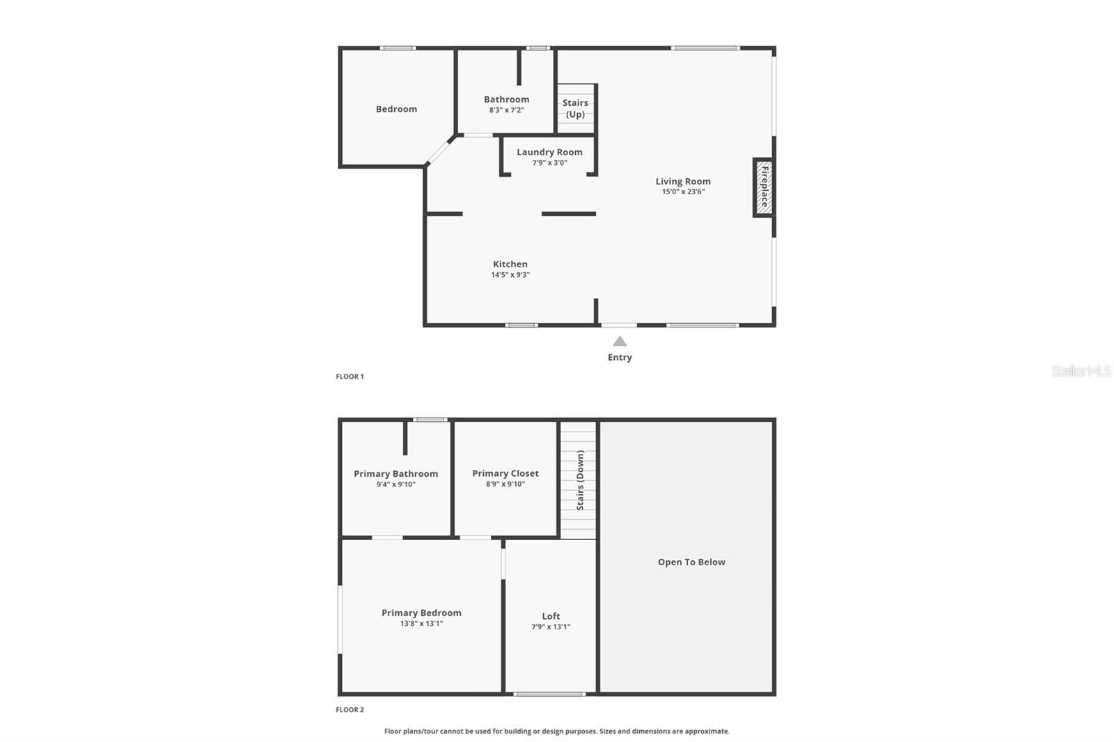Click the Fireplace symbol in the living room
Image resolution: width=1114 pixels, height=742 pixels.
click(764, 187)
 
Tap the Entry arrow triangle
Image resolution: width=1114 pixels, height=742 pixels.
click(620, 341)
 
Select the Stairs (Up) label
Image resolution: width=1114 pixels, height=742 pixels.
click(575, 109)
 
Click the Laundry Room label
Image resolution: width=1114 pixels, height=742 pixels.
click(549, 152)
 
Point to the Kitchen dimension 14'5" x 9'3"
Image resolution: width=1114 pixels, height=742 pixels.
click(510, 275)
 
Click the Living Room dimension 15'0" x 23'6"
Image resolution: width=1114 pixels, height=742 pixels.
click(683, 191)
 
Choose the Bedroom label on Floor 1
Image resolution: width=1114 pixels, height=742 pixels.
click(396, 109)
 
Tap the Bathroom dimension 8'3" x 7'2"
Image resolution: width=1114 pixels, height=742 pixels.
click(506, 110)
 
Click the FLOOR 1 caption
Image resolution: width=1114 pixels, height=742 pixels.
click(350, 377)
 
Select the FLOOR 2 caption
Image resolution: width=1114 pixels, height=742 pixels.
click(350, 710)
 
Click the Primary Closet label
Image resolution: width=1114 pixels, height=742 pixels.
click(505, 473)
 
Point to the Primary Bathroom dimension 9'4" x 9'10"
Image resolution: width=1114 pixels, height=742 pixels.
click(395, 484)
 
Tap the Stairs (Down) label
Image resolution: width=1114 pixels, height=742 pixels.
click(580, 480)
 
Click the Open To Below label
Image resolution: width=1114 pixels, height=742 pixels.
click(691, 562)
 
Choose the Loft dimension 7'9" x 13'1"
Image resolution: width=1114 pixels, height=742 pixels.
click(551, 627)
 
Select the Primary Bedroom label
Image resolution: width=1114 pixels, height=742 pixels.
click(421, 613)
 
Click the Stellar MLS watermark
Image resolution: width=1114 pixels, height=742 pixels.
click(1081, 371)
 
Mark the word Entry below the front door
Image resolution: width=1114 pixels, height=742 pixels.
click(620, 358)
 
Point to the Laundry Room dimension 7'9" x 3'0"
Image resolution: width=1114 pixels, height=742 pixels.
click(549, 163)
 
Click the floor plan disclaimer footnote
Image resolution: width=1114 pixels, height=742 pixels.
click(557, 732)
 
